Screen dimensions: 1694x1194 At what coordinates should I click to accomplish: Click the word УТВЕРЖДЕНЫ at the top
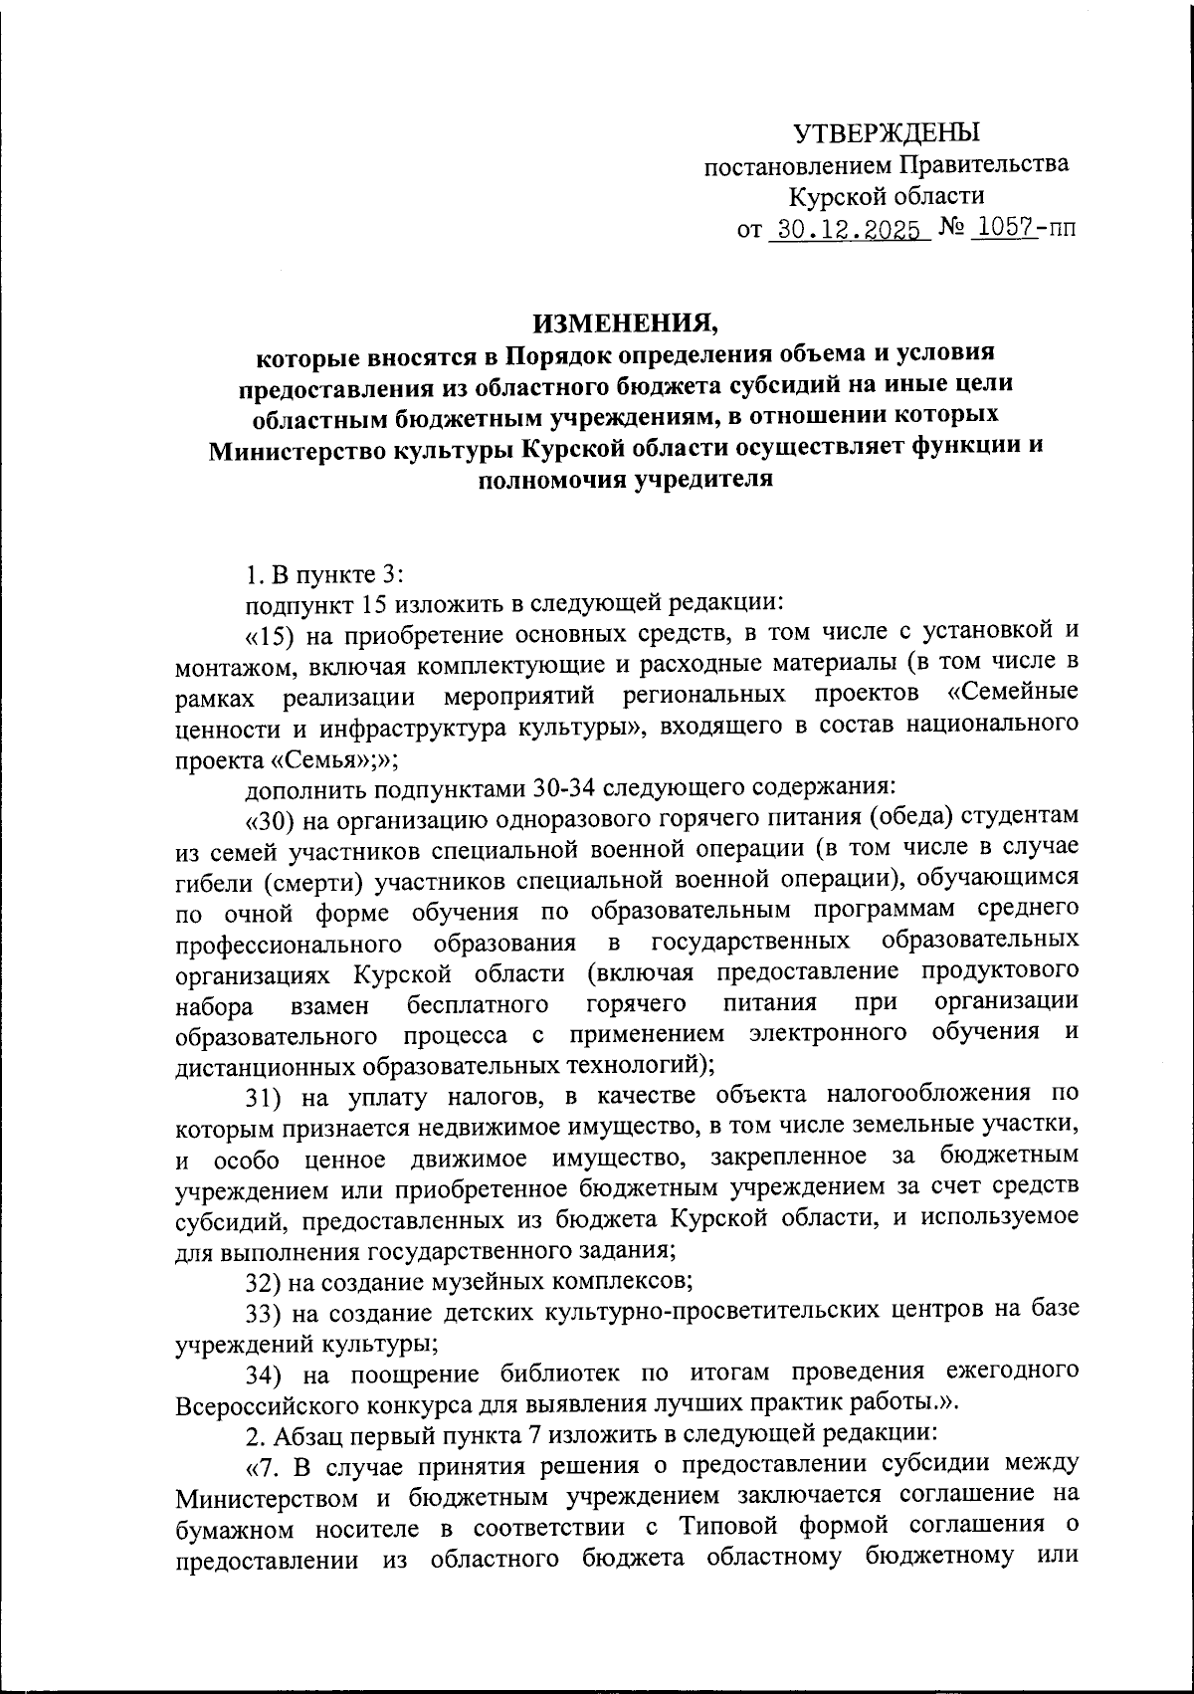click(x=886, y=131)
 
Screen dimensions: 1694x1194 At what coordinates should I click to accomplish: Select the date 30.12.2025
click(x=849, y=230)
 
